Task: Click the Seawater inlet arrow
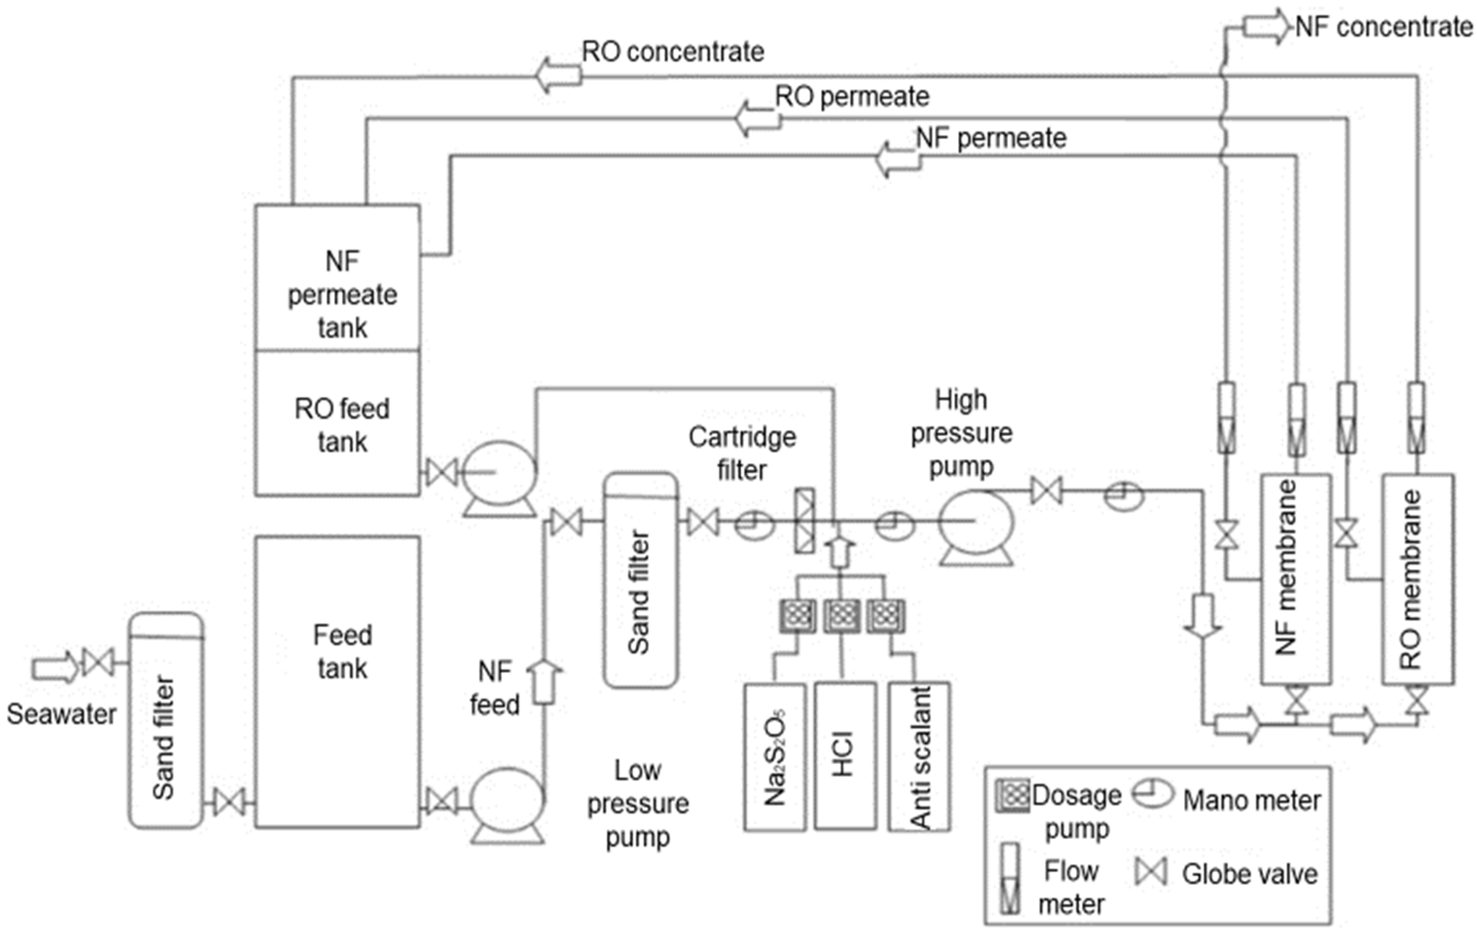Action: click(55, 667)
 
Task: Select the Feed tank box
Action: click(338, 682)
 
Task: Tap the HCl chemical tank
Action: click(845, 756)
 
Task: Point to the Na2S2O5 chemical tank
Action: click(775, 756)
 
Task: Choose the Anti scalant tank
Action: click(919, 756)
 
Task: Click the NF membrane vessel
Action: click(1295, 579)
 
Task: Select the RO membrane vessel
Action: click(1418, 579)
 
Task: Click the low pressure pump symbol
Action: click(507, 806)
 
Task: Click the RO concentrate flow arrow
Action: click(558, 75)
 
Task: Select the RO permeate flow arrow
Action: click(758, 118)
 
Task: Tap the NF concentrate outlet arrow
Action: click(1267, 27)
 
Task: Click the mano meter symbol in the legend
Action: click(1152, 796)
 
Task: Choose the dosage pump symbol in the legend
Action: click(1013, 796)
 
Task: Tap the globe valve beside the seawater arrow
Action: click(98, 663)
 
